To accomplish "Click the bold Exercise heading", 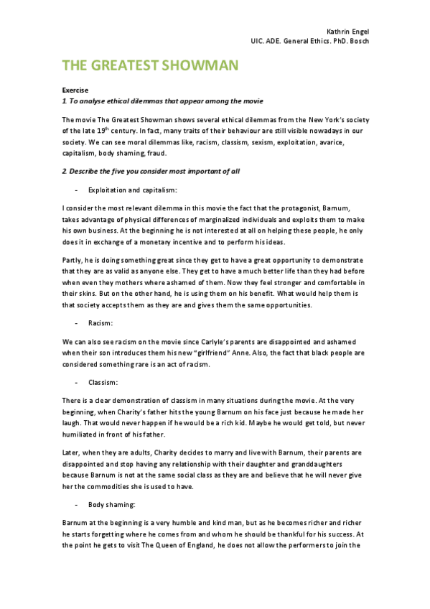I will point(75,90).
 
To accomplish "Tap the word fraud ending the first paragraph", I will point(156,152).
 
